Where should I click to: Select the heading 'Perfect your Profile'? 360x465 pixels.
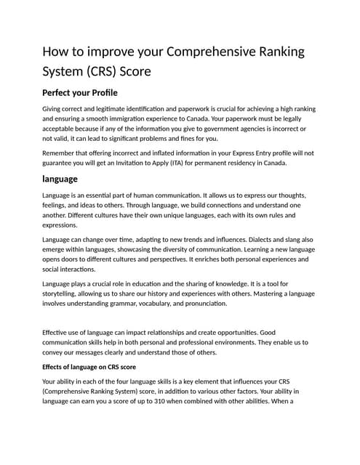point(80,93)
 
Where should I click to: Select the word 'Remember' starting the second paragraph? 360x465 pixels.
point(63,153)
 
